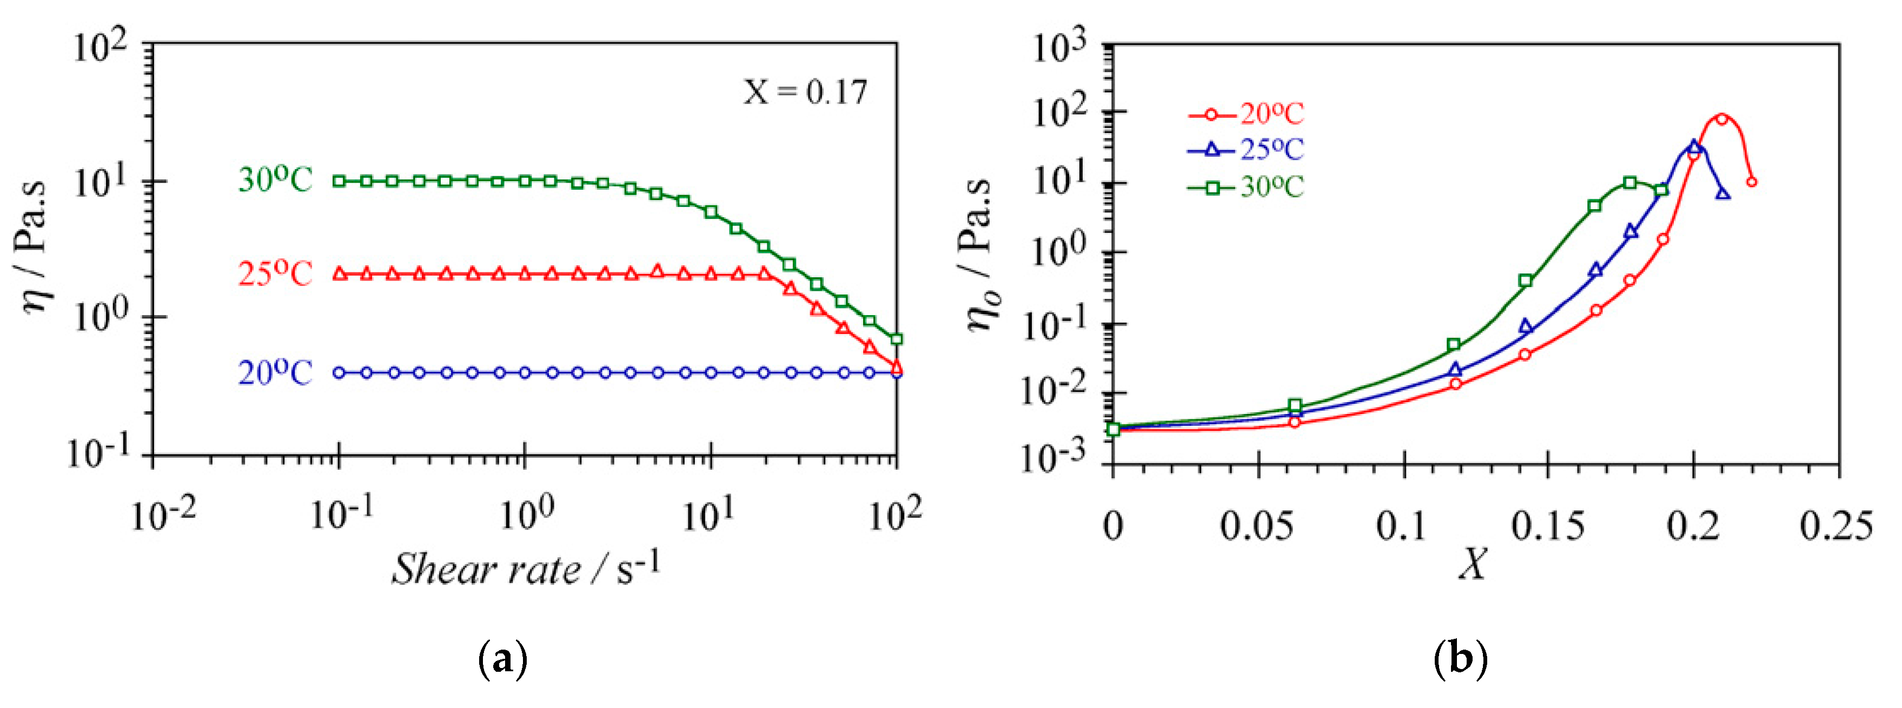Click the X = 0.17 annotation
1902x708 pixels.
pos(805,92)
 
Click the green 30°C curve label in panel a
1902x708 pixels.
pos(275,179)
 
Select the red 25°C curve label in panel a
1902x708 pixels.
pos(275,274)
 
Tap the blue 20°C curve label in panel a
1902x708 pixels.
pos(275,373)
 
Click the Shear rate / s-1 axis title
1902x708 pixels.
pos(526,569)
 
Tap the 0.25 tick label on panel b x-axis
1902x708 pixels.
pos(1837,526)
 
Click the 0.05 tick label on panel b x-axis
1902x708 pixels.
pos(1257,526)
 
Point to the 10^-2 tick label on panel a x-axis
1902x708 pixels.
pos(164,515)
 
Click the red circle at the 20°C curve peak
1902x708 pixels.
pos(1721,119)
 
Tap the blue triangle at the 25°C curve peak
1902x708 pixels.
pos(1694,146)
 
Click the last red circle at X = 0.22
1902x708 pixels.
pos(1751,182)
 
